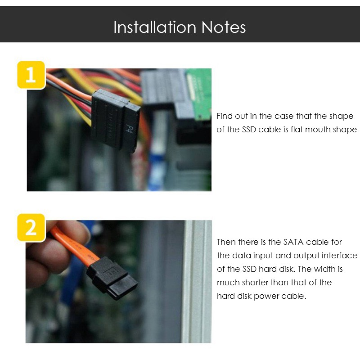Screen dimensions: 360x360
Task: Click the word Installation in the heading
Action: click(x=155, y=27)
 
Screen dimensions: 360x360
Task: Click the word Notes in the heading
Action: click(x=224, y=27)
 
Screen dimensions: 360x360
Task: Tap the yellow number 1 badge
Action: click(x=31, y=75)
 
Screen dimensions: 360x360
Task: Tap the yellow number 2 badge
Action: click(x=31, y=228)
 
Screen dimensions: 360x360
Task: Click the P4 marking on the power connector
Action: click(x=129, y=129)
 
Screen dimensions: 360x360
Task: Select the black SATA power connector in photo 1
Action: click(x=116, y=121)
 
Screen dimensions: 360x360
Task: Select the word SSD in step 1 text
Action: click(x=249, y=130)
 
